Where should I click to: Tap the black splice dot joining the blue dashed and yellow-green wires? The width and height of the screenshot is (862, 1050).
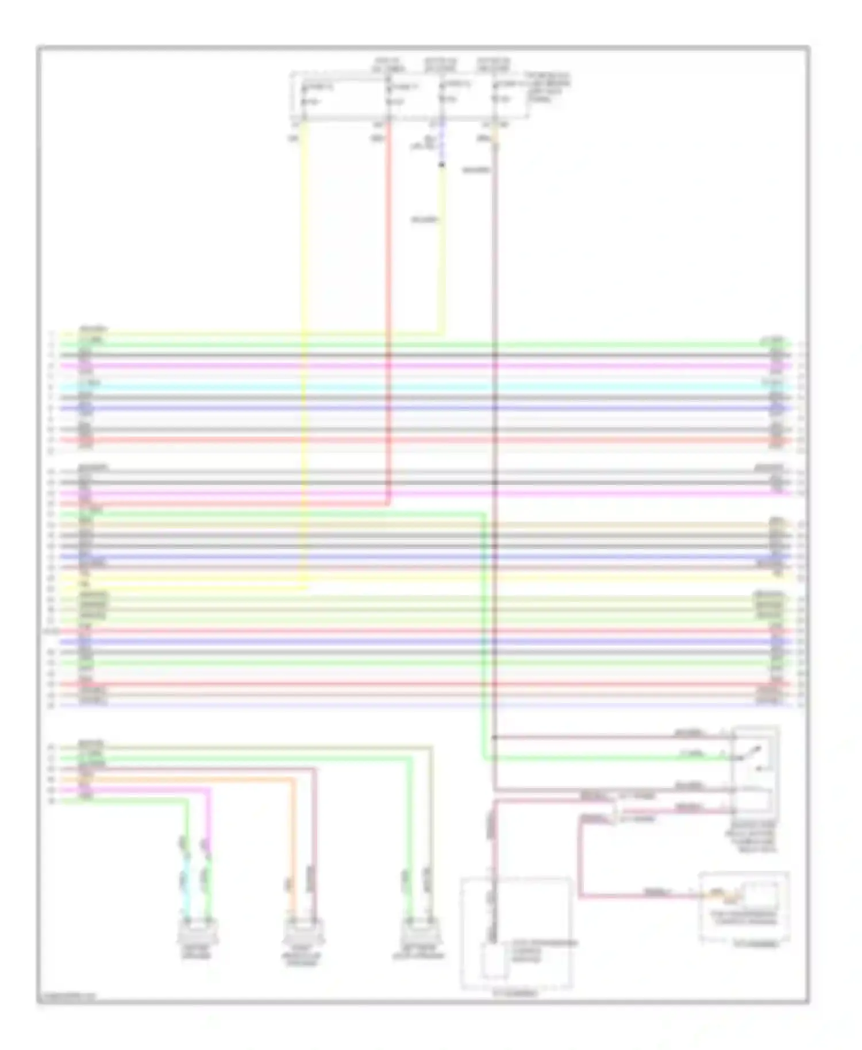[441, 165]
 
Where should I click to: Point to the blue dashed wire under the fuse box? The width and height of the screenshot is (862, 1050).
[441, 144]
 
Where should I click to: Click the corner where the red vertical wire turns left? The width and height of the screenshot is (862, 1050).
[389, 504]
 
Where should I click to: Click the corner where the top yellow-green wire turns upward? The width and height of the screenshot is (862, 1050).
[442, 333]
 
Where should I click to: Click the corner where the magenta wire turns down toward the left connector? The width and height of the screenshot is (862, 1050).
[208, 790]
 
